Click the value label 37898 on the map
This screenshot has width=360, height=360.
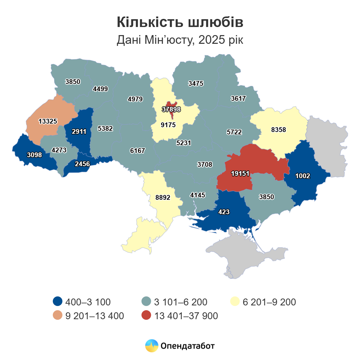coord(171,109)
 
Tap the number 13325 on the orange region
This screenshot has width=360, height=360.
coord(48,121)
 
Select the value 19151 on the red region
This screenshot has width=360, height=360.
coord(240,173)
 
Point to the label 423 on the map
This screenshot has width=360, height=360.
coord(224,212)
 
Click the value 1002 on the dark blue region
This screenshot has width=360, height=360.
coord(302,176)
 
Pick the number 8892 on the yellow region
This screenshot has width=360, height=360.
coord(163,197)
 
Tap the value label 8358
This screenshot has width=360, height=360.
coord(278,130)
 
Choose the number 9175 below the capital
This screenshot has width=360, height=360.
coord(168,125)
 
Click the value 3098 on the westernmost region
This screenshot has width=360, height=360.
coord(34,155)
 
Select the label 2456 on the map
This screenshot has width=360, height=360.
coord(82,164)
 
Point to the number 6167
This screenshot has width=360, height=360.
coord(137,151)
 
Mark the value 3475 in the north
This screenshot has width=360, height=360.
coord(196,83)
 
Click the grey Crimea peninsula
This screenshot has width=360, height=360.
coord(249,258)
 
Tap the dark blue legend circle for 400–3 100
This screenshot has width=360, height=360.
coord(57,301)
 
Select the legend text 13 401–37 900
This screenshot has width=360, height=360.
coord(186,316)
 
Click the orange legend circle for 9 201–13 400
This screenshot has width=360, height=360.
coord(57,316)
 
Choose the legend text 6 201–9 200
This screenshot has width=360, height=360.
coord(269,302)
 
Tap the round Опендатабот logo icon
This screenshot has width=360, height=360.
coord(151,346)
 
